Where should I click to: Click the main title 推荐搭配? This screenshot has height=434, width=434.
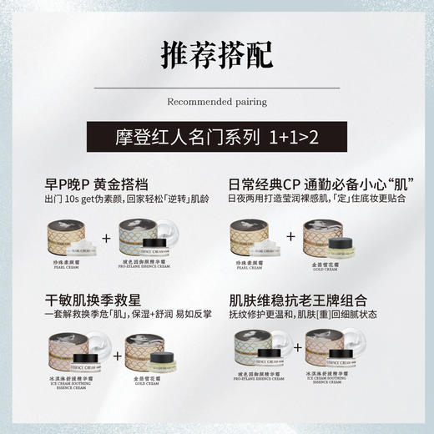[216, 53]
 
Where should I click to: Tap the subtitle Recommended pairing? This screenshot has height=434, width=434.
[217, 102]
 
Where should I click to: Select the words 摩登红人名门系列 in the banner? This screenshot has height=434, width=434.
[190, 135]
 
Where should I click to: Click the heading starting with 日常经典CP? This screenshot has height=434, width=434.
[322, 182]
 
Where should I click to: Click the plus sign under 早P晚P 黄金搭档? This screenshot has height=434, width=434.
[106, 240]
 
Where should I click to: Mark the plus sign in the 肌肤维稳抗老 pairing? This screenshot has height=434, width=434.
[291, 355]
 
